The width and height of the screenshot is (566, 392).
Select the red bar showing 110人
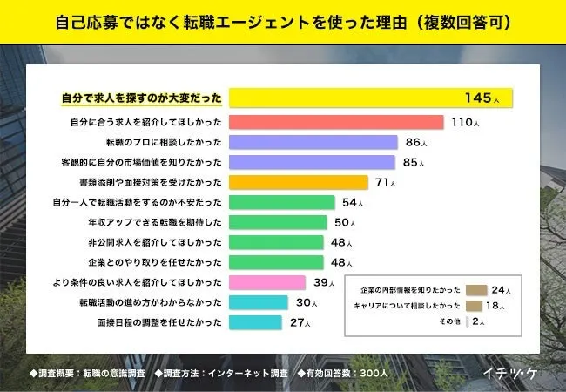336,122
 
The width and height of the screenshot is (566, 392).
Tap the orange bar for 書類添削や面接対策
299,182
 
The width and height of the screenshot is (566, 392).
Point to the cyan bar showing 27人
255,322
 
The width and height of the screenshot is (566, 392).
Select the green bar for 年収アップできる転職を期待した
279,222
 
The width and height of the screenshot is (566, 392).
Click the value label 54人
353,203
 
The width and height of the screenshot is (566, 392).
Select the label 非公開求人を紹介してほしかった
149,242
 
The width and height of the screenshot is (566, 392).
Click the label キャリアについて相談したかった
407,306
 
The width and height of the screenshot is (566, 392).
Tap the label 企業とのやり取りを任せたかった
149,262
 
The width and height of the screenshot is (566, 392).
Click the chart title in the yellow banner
283,20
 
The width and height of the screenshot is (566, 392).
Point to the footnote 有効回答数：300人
345,372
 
